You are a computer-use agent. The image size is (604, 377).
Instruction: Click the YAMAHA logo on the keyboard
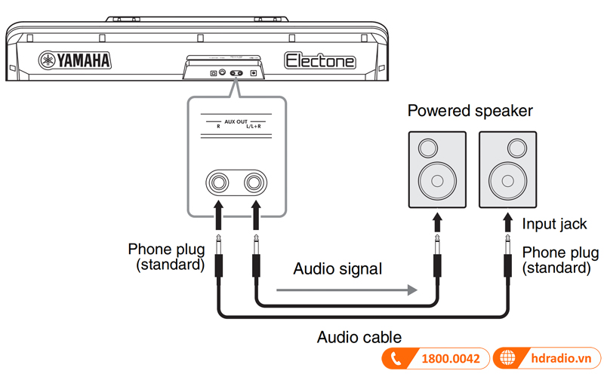pos(75,61)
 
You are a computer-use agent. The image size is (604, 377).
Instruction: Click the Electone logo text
pos(320,61)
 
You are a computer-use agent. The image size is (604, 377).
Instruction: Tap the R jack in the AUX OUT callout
pos(220,182)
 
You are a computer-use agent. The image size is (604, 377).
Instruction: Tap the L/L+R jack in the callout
pos(254,182)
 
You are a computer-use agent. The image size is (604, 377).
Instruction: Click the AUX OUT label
pos(236,120)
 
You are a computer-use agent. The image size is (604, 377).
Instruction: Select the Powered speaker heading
pos(470,112)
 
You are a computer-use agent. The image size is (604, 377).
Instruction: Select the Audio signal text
pos(337,268)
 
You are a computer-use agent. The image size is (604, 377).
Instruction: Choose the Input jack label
pos(555,224)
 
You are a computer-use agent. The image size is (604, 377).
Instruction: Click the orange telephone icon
pos(396,359)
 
